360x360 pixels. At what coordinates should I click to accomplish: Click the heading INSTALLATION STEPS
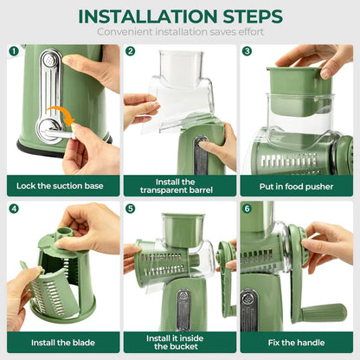pyautogui.click(x=179, y=16)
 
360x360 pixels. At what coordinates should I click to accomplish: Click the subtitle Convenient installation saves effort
pyautogui.click(x=179, y=33)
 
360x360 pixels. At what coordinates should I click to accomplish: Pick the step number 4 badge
pyautogui.click(x=14, y=209)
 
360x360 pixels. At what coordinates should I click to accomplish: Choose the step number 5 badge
pyautogui.click(x=130, y=209)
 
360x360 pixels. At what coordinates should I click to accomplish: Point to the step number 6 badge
pyautogui.click(x=247, y=209)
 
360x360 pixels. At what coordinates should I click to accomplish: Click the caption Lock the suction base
pyautogui.click(x=61, y=184)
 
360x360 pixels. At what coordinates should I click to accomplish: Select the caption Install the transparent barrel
pyautogui.click(x=179, y=184)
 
